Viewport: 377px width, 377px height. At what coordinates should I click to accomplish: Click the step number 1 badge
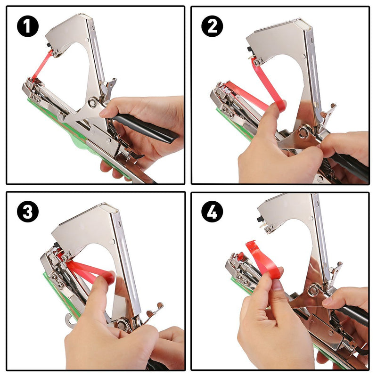tap(27, 26)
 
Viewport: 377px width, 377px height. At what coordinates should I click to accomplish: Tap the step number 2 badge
tap(212, 26)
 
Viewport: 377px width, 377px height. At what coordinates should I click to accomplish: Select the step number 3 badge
tap(27, 212)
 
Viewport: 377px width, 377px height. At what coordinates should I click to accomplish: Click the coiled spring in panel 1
tap(112, 126)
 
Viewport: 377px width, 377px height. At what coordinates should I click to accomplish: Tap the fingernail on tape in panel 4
tap(277, 285)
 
